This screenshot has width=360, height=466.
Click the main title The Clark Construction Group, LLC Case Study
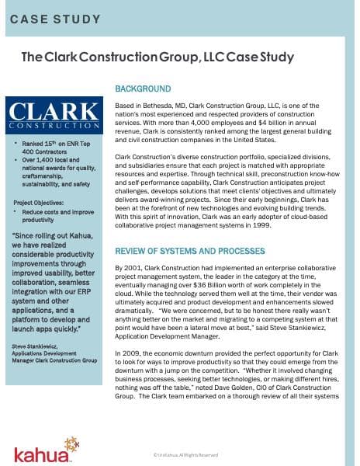(157, 57)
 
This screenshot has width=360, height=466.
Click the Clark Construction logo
(56, 113)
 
